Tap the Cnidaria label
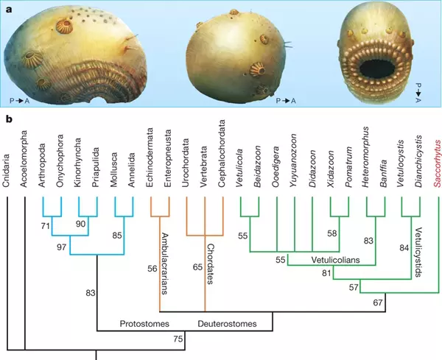(x=7, y=167)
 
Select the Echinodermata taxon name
(x=149, y=154)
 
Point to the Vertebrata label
(x=203, y=163)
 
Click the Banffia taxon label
(x=383, y=170)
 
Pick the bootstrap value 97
(x=61, y=247)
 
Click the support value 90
(x=80, y=224)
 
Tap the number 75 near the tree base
(x=178, y=339)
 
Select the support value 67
(x=378, y=303)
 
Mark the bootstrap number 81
(x=326, y=273)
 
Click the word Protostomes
(x=144, y=324)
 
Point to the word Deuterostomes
(x=227, y=324)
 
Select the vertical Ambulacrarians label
(x=165, y=264)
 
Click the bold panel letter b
(x=10, y=119)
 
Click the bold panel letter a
(x=10, y=10)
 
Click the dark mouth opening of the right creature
(x=377, y=69)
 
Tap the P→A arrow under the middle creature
(x=286, y=101)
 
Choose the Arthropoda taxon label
(x=42, y=162)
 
